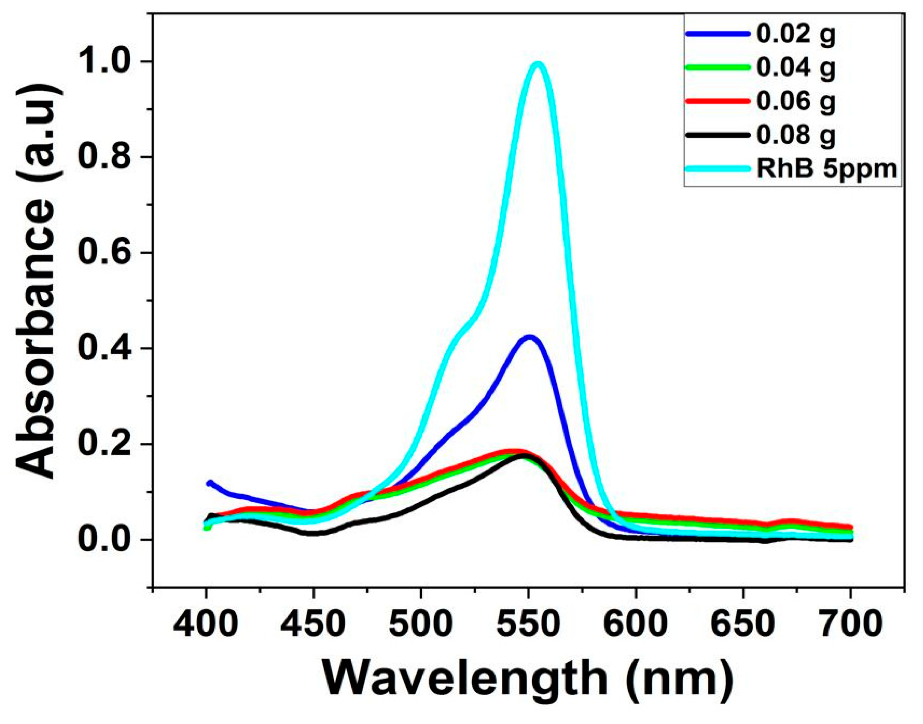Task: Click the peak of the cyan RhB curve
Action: coord(538,65)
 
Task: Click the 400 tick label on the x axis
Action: coord(206,625)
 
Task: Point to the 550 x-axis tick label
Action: coord(528,625)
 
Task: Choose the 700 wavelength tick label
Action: coord(850,625)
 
